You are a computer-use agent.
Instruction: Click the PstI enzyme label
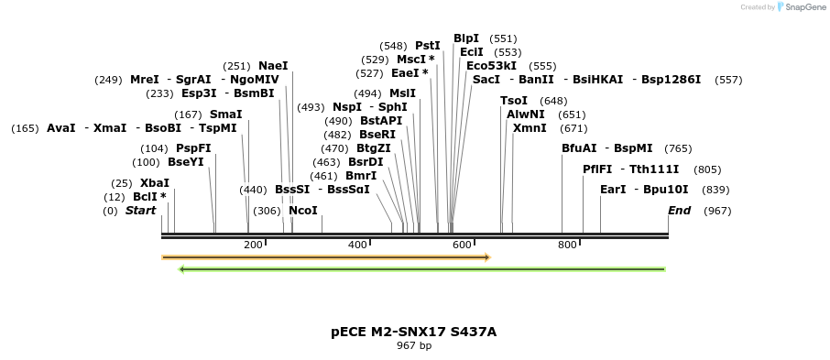pyautogui.click(x=428, y=45)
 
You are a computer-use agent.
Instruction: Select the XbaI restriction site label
pyautogui.click(x=155, y=183)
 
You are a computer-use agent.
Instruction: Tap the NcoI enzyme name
pyautogui.click(x=303, y=211)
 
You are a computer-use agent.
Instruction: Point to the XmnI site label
pyautogui.click(x=530, y=128)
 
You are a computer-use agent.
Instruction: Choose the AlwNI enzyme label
pyautogui.click(x=526, y=115)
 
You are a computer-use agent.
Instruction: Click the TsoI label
pyautogui.click(x=514, y=101)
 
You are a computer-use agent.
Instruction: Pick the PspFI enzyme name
pyautogui.click(x=193, y=148)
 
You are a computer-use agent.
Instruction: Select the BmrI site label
pyautogui.click(x=361, y=176)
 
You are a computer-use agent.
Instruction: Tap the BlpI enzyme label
pyautogui.click(x=466, y=38)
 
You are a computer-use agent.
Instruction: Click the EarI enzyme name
pyautogui.click(x=613, y=190)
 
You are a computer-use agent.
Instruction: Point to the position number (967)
pyautogui.click(x=717, y=211)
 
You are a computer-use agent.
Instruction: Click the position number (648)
pyautogui.click(x=553, y=101)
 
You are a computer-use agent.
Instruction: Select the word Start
pyautogui.click(x=141, y=211)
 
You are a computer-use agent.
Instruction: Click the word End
pyautogui.click(x=680, y=211)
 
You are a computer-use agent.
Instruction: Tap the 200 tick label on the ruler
pyautogui.click(x=254, y=245)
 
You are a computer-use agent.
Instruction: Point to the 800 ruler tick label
pyautogui.click(x=568, y=245)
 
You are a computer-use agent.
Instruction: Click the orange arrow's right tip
pyautogui.click(x=488, y=257)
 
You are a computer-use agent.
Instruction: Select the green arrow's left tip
pyautogui.click(x=181, y=269)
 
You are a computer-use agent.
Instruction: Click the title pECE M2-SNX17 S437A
pyautogui.click(x=414, y=332)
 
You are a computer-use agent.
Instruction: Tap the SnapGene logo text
pyautogui.click(x=803, y=7)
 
